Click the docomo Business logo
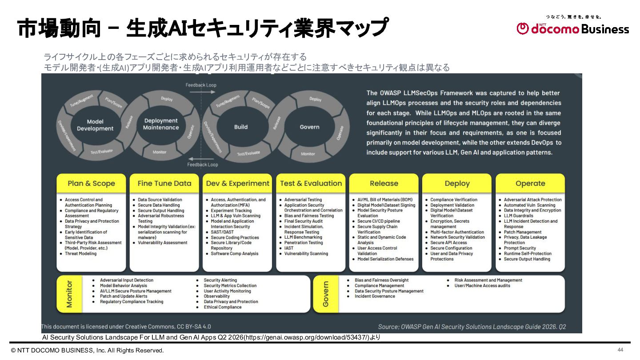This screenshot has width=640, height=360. click(x=573, y=28)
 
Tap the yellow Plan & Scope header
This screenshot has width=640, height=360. click(x=91, y=184)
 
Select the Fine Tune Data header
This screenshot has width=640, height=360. click(x=164, y=184)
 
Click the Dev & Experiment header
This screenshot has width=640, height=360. click(x=237, y=184)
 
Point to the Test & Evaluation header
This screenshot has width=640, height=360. click(x=311, y=184)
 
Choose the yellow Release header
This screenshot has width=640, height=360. click(x=384, y=184)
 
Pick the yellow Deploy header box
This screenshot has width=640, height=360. click(x=457, y=184)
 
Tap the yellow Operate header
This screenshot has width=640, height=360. click(x=530, y=184)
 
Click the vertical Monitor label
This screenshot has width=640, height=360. click(x=69, y=294)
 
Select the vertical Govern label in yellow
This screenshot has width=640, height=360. click(x=326, y=294)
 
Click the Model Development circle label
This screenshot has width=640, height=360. click(x=95, y=125)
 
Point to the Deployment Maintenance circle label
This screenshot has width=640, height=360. click(x=161, y=124)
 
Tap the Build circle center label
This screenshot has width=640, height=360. click(x=241, y=127)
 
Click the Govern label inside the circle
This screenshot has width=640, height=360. click(x=309, y=127)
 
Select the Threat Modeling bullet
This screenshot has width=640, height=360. click(x=80, y=254)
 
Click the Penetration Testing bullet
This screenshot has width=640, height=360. click(x=304, y=243)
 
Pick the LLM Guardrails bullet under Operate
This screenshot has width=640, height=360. click(x=518, y=216)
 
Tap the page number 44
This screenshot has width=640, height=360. click(x=620, y=349)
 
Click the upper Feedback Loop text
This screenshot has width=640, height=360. click(x=201, y=85)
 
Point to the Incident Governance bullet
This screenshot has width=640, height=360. click(x=375, y=296)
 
